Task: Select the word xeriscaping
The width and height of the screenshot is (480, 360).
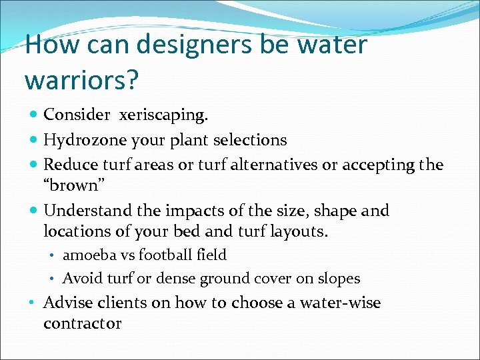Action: [164, 115]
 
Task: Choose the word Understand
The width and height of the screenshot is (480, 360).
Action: [87, 211]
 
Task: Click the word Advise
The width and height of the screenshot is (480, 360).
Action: [65, 303]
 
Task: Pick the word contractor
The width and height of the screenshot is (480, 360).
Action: [82, 324]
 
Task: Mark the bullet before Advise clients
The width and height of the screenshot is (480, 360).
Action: [33, 303]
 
